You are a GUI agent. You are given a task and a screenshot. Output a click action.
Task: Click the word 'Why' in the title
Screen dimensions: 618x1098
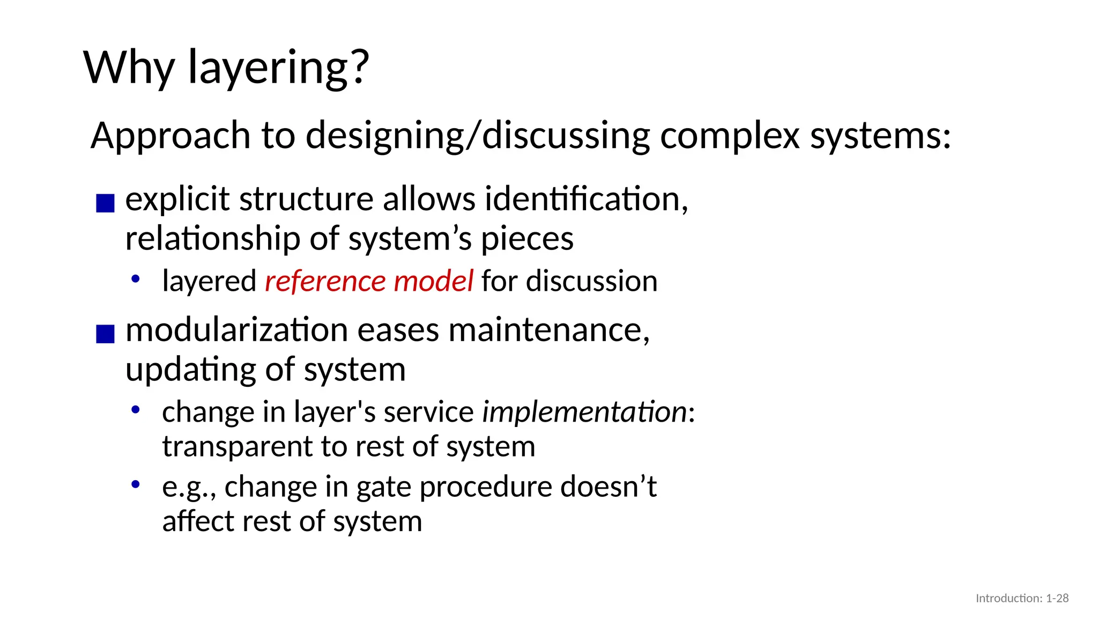[x=129, y=68]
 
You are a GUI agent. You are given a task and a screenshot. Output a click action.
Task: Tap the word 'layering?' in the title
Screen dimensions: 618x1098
[x=278, y=68]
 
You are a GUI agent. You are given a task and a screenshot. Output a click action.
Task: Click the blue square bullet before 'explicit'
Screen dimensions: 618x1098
[x=105, y=203]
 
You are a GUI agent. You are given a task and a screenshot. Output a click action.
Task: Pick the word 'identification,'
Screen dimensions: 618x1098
[x=587, y=199]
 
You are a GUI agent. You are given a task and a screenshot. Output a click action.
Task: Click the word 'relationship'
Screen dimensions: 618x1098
[x=212, y=239]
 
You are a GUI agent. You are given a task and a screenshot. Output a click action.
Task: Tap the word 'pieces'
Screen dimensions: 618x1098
[x=526, y=240]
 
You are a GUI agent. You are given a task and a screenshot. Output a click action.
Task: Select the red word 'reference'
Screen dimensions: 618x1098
[x=325, y=281]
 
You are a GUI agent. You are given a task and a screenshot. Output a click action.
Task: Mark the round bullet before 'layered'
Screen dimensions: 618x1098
[x=136, y=279]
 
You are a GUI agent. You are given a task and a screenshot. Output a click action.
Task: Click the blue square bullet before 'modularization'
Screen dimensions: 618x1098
[x=105, y=334]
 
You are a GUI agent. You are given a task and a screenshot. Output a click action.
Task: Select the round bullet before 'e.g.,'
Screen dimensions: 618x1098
[x=136, y=484]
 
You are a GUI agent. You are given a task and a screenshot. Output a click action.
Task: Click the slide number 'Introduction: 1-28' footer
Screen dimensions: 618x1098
[x=1022, y=598]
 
